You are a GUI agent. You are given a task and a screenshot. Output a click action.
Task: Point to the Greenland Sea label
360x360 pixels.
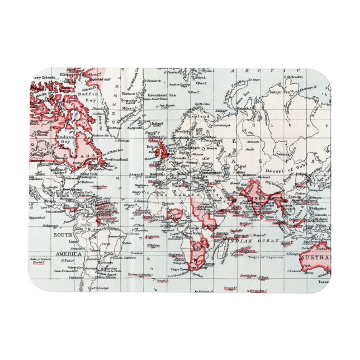(x=165, y=95)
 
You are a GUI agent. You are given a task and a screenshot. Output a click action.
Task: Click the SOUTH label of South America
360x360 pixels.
(x=63, y=235)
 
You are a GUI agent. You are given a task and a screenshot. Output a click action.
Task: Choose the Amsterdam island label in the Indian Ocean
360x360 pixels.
(x=247, y=275)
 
